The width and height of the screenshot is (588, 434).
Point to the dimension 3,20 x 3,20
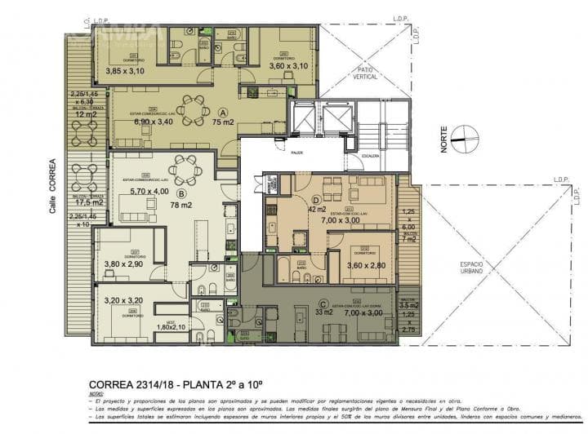[123, 300]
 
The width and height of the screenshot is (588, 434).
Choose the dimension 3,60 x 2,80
[366, 266]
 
